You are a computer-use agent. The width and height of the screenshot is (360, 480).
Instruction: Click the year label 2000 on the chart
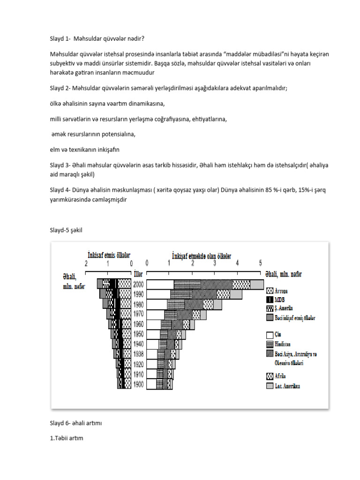pyautogui.click(x=139, y=284)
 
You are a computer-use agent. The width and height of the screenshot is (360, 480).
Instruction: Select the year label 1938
pyautogui.click(x=139, y=354)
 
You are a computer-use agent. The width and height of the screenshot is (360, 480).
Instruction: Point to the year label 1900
pyautogui.click(x=139, y=384)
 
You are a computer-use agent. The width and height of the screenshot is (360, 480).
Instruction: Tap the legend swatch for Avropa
pyautogui.click(x=270, y=291)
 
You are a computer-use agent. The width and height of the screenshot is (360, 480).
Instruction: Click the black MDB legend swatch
pyautogui.click(x=270, y=300)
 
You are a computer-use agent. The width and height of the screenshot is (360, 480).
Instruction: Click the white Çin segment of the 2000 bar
pyautogui.click(x=160, y=284)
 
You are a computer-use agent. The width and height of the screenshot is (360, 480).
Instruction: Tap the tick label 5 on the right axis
pyautogui.click(x=260, y=263)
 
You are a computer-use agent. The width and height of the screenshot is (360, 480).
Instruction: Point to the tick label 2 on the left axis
pyautogui.click(x=86, y=263)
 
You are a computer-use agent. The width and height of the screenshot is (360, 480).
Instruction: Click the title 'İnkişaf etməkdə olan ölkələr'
pyautogui.click(x=202, y=255)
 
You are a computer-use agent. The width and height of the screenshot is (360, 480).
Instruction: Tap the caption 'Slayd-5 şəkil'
pyautogui.click(x=68, y=230)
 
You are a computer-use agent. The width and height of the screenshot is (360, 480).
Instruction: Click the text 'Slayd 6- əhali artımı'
pyautogui.click(x=76, y=423)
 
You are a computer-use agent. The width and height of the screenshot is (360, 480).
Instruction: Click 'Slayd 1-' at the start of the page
pyautogui.click(x=60, y=38)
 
